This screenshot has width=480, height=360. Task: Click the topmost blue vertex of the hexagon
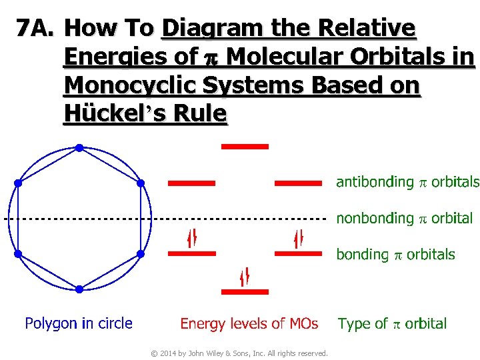click(79, 147)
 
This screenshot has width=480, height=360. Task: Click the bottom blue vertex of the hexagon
click(79, 289)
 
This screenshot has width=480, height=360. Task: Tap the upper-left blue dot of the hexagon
click(18, 182)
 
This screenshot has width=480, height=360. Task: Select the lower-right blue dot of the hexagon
click(140, 253)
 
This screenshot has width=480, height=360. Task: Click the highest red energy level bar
click(245, 146)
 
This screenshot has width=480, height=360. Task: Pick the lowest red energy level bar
click(245, 291)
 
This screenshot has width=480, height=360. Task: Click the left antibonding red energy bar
click(192, 182)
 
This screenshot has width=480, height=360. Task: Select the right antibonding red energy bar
click(299, 182)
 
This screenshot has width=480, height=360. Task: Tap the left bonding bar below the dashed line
click(192, 253)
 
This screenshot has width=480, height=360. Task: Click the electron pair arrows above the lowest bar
click(245, 275)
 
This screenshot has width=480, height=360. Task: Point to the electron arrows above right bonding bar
click(299, 237)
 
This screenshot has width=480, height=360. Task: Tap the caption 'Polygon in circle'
click(79, 324)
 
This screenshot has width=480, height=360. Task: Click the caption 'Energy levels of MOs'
click(249, 324)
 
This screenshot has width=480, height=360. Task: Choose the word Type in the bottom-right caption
click(353, 324)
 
